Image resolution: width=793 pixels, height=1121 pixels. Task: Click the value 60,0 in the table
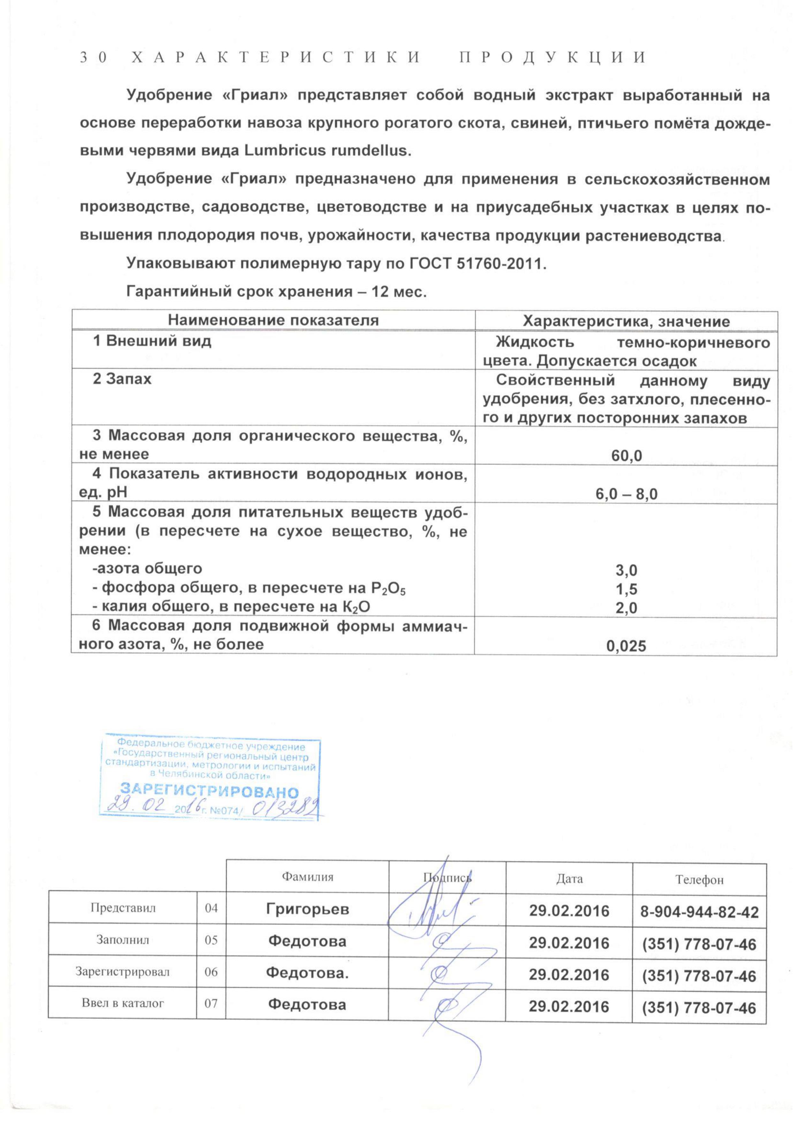tap(626, 456)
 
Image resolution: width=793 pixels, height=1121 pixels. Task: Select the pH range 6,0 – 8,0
tap(626, 494)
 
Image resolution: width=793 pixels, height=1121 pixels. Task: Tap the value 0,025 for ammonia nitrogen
tap(626, 646)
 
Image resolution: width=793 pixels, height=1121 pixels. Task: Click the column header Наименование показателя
tap(274, 320)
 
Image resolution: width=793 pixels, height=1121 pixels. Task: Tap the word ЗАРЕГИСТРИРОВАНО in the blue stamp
tap(209, 790)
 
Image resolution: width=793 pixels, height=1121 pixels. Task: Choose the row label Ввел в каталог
tap(123, 1003)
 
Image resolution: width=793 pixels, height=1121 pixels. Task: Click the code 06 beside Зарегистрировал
tap(211, 971)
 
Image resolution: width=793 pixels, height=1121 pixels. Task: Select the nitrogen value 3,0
tap(626, 570)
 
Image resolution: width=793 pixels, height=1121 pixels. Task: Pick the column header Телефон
tap(699, 879)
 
